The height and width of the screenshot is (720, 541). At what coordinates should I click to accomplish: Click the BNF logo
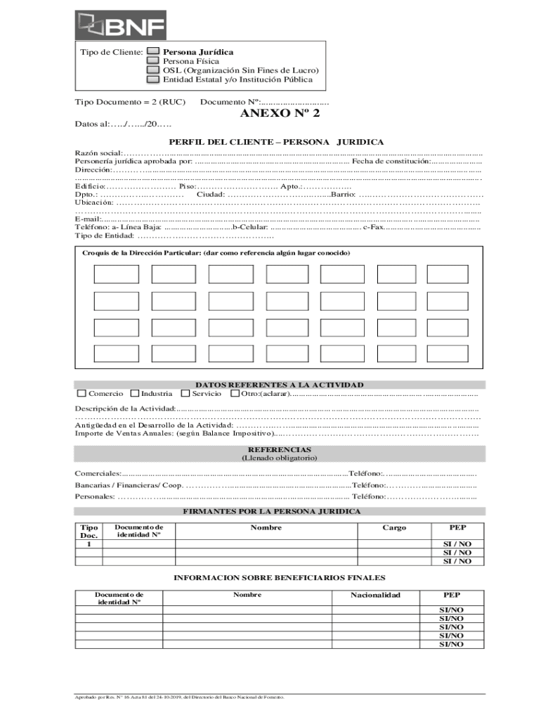point(121,27)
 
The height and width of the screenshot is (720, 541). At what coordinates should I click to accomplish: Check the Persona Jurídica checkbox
point(152,52)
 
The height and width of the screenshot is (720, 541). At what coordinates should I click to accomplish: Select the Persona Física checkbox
point(152,61)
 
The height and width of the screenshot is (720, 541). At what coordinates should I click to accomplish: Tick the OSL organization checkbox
point(152,70)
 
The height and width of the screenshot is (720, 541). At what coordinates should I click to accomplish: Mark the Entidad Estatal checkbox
point(152,79)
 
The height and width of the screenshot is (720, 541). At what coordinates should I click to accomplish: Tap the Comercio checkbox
point(82,394)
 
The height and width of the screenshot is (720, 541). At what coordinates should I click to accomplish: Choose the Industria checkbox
point(135,394)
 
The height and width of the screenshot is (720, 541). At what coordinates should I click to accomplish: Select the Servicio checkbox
point(185,394)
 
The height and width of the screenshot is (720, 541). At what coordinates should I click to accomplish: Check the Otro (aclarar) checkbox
point(235,394)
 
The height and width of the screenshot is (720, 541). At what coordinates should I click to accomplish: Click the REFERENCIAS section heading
point(279,449)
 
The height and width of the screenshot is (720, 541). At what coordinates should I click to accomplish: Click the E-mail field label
point(89,219)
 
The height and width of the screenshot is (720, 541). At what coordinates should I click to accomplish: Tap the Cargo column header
point(393,527)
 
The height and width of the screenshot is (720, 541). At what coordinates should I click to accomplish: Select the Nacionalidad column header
point(375,596)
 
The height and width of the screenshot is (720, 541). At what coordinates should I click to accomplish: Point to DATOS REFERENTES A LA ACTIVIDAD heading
point(279,385)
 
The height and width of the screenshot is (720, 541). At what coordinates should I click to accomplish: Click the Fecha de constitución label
point(391,161)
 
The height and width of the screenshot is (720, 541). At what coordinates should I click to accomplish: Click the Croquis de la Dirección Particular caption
point(216,253)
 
